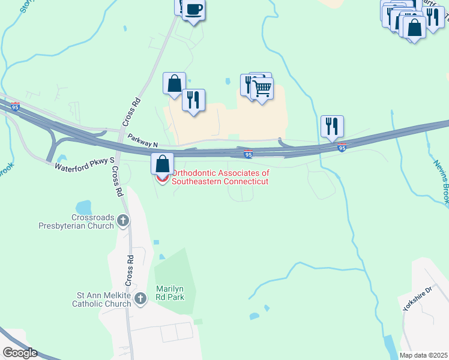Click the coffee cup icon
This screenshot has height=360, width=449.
click(193, 10)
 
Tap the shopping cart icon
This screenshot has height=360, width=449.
click(262, 89)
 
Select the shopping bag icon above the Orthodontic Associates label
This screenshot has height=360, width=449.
click(162, 164)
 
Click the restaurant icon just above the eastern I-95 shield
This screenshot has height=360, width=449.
click(332, 127)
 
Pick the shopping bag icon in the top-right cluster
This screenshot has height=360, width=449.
click(414, 27)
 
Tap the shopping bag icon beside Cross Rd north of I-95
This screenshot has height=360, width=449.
click(174, 83)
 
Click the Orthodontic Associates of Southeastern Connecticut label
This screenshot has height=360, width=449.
click(220, 177)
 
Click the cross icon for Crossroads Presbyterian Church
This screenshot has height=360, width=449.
click(123, 220)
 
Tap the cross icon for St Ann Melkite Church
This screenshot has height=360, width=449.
click(140, 298)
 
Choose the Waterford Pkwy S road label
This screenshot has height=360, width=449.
click(84, 164)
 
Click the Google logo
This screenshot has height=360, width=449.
click(20, 353)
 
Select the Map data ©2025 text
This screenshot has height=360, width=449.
click(423, 355)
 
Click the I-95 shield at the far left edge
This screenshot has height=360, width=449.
click(15, 106)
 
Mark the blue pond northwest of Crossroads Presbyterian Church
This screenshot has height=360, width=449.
click(83, 207)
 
